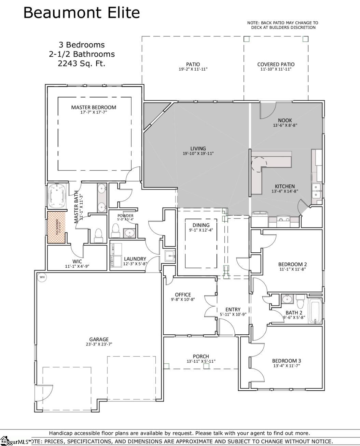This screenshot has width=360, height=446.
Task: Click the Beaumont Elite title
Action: point(81,13)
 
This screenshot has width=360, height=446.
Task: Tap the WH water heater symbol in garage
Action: point(42,277)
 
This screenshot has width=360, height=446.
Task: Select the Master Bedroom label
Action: point(94,107)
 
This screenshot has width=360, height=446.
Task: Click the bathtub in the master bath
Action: point(57,196)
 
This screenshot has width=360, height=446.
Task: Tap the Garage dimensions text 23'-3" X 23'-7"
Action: point(99,344)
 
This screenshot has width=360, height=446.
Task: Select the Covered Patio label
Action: point(276,64)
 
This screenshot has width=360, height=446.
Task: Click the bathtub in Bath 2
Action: point(315,311)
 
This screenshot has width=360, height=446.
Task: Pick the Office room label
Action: point(183,295)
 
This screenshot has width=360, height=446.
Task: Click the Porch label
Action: point(200,356)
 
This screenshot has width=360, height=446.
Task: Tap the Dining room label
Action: point(201,225)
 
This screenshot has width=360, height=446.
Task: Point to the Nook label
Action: point(285,120)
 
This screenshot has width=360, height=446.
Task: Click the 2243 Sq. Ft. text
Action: point(81,63)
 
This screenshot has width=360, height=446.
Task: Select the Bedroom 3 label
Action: point(286,361)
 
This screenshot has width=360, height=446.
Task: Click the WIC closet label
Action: point(77,262)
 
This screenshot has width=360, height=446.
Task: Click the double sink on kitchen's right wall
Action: point(317,191)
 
